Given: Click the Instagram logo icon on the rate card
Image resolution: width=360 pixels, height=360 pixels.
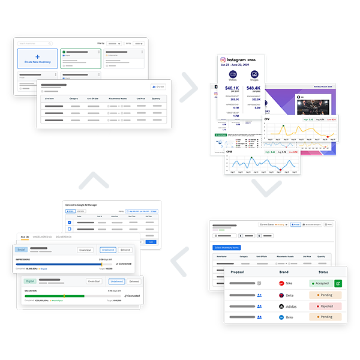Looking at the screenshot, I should coord(222,60).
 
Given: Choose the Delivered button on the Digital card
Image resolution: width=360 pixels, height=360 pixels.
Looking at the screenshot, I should coord(133,281).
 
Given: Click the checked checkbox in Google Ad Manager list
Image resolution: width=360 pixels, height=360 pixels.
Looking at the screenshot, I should coord(70,222).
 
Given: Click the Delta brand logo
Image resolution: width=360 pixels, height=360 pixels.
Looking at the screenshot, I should coord(280,295).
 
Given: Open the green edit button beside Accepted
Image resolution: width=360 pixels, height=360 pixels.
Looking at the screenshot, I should coord(338,283).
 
